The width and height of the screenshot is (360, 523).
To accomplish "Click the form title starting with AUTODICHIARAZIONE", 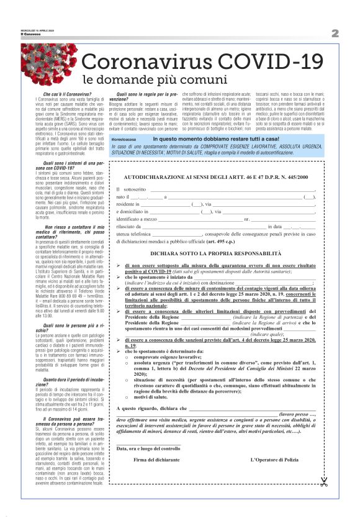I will [216, 178].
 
